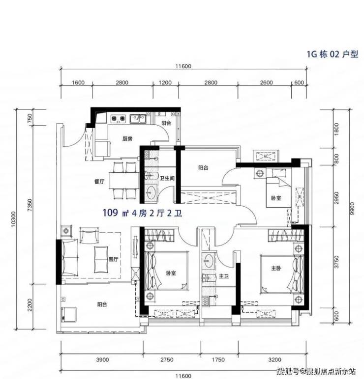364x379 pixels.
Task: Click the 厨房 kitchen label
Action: point(127,139)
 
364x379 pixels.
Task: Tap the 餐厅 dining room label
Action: point(99,181)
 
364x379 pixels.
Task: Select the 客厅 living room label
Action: point(113,259)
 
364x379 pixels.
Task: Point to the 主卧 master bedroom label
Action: point(276,268)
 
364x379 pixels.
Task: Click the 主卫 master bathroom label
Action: point(223,276)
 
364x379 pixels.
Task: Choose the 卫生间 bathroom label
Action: point(167,178)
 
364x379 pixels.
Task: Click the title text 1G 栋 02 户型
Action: point(333,54)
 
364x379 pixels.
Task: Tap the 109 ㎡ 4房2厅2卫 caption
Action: point(143,213)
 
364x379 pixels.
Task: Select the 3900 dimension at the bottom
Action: point(102,360)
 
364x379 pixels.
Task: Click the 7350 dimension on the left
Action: point(30,205)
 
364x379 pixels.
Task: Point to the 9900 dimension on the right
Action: point(352,208)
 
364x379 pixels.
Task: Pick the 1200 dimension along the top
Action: point(165,82)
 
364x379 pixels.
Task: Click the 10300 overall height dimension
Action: point(13,219)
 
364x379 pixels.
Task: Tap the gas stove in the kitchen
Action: point(118,118)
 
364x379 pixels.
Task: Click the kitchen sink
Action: point(138,119)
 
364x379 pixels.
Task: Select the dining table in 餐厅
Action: point(124,180)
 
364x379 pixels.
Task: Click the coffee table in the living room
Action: point(101,259)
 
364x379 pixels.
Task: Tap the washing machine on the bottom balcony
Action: point(68,315)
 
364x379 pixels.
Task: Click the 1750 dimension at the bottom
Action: point(218,360)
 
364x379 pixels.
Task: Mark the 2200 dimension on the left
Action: point(30,305)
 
